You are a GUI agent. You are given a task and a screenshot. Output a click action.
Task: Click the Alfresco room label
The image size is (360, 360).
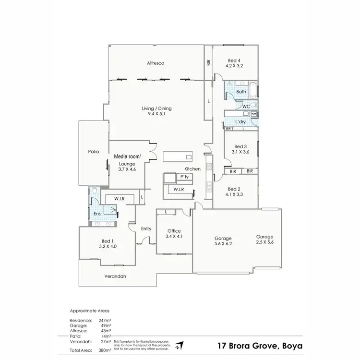[x=156, y=63]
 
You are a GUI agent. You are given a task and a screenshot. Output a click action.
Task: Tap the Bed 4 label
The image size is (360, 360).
[x=234, y=60]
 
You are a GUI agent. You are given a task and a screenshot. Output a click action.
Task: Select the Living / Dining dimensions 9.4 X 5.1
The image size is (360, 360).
[x=156, y=115]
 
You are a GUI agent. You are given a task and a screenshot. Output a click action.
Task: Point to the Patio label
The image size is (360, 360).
[x=93, y=152]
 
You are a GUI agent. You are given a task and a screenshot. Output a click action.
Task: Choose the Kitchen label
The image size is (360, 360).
[x=192, y=169]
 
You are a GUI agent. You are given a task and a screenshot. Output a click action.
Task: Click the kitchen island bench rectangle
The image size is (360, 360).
[x=177, y=157]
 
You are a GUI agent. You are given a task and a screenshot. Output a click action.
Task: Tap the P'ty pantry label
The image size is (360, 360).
[x=183, y=177]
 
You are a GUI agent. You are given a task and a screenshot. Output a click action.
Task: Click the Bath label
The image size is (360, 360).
[x=241, y=92]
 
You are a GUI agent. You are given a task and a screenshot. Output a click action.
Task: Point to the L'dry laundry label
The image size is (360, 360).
[x=240, y=122]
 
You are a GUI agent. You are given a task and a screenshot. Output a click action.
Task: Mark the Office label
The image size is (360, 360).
[x=173, y=230]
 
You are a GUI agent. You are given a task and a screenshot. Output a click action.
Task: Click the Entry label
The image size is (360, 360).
[x=146, y=228]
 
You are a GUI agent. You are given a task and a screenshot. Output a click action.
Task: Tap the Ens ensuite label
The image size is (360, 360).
[x=97, y=214]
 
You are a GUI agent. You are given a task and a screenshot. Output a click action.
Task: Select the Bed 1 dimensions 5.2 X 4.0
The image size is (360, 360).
[x=108, y=246]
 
